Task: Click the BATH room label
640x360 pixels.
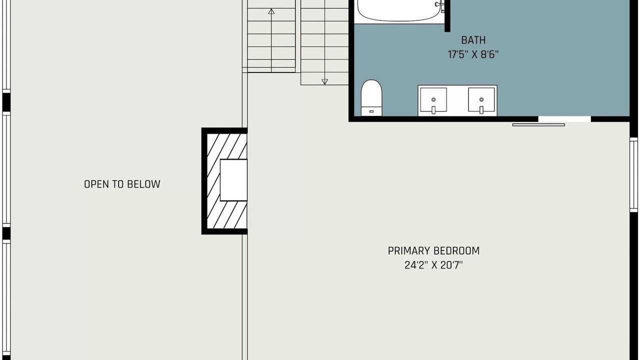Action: point(473,40)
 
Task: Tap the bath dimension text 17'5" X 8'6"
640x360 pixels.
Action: point(473,54)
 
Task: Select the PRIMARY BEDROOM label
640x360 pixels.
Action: point(433,251)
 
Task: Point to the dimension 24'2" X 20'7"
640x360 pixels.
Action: point(433,265)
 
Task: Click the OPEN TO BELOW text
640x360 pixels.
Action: point(122,184)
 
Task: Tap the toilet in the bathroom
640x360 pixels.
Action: point(371,98)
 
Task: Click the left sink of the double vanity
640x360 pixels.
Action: point(433,100)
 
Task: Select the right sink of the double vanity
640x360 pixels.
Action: point(481,100)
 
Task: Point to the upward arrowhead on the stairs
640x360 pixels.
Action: point(271,11)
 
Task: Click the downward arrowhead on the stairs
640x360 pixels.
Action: point(324,81)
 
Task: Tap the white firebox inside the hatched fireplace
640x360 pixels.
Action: point(233,180)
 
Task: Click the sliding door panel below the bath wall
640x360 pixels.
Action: point(538,125)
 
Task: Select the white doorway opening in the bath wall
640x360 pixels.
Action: point(564,119)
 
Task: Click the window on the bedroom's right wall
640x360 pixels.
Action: point(633,175)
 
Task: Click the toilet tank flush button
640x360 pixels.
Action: point(371,111)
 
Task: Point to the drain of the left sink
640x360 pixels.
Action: point(433,99)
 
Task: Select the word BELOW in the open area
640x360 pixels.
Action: point(143,184)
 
